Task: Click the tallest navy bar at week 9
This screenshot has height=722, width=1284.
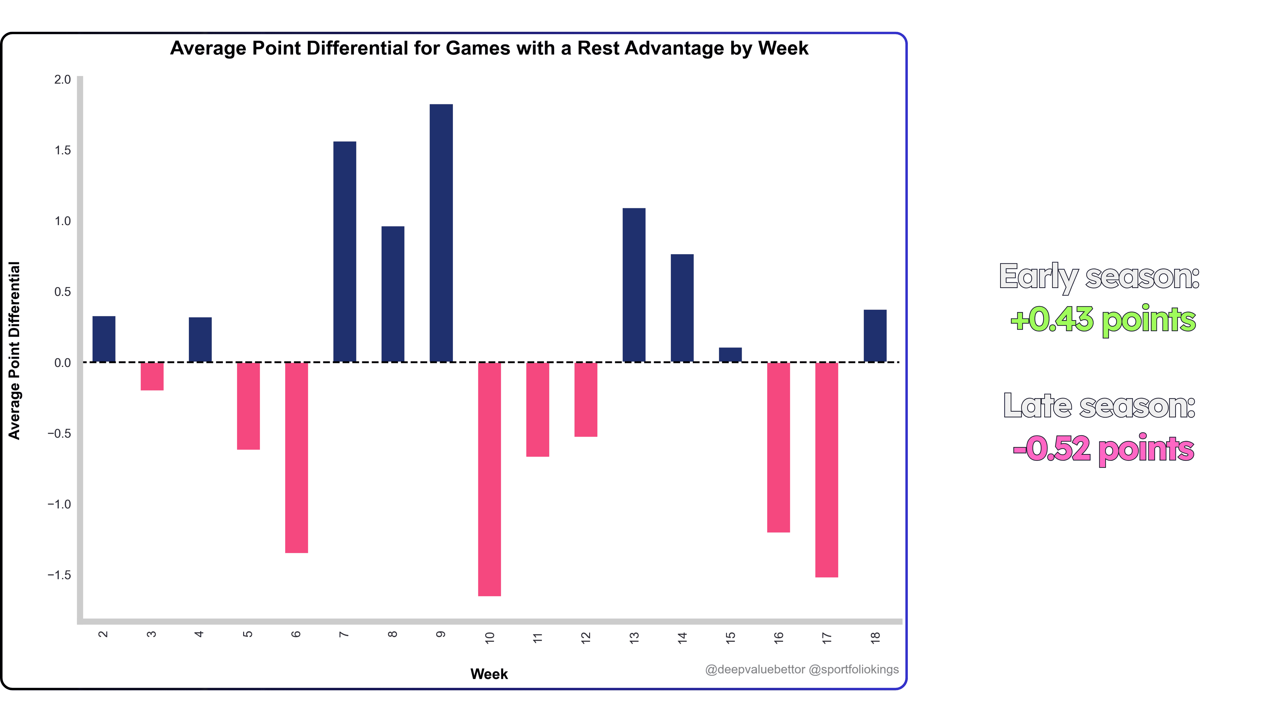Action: pyautogui.click(x=441, y=233)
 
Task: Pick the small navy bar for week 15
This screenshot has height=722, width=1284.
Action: pyautogui.click(x=730, y=355)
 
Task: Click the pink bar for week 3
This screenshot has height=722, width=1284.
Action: pyautogui.click(x=152, y=376)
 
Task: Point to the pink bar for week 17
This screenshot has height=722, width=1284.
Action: pyautogui.click(x=826, y=469)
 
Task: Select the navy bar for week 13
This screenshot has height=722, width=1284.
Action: pyautogui.click(x=634, y=285)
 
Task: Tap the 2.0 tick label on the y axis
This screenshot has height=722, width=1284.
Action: pyautogui.click(x=63, y=80)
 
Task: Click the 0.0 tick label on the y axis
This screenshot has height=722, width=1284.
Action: pyautogui.click(x=63, y=363)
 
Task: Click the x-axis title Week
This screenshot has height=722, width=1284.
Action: pyautogui.click(x=489, y=674)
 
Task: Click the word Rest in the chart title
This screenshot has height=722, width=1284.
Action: pyautogui.click(x=598, y=48)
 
